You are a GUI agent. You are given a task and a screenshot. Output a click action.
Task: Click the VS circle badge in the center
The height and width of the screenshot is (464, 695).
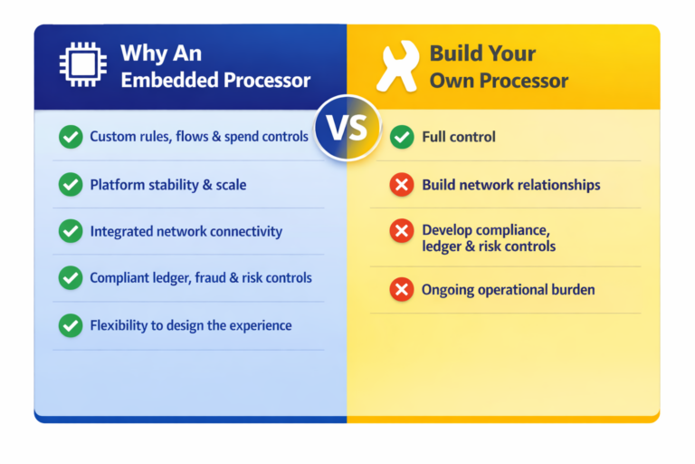[x=347, y=127]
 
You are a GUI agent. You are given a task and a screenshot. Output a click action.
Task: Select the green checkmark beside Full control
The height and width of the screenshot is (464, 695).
[x=402, y=138]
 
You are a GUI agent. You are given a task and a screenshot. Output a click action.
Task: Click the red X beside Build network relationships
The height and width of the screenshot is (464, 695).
[x=402, y=185]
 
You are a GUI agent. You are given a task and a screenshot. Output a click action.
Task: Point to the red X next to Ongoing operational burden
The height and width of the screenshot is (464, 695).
[x=402, y=290]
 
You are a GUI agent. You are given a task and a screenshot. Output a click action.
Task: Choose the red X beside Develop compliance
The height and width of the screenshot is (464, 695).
[x=402, y=231]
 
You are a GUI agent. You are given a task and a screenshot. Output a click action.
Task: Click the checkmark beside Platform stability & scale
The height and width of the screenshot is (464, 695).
[x=70, y=185]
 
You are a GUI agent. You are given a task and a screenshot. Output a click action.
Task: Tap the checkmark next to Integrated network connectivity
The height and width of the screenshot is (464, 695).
[x=70, y=231]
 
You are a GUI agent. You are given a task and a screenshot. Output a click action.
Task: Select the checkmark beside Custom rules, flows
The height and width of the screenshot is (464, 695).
[x=70, y=138]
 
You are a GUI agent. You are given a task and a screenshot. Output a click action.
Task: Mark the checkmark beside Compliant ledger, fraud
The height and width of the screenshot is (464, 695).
[x=70, y=278]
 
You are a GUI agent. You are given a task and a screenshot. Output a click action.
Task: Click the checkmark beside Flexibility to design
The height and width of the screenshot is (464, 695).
[x=70, y=325]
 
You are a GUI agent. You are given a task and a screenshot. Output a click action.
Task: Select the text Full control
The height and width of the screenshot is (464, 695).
[x=459, y=138]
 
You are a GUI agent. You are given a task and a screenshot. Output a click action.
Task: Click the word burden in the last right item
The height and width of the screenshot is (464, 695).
[x=570, y=290]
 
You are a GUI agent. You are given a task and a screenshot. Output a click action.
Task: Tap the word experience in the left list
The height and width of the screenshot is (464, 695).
[x=259, y=325]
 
